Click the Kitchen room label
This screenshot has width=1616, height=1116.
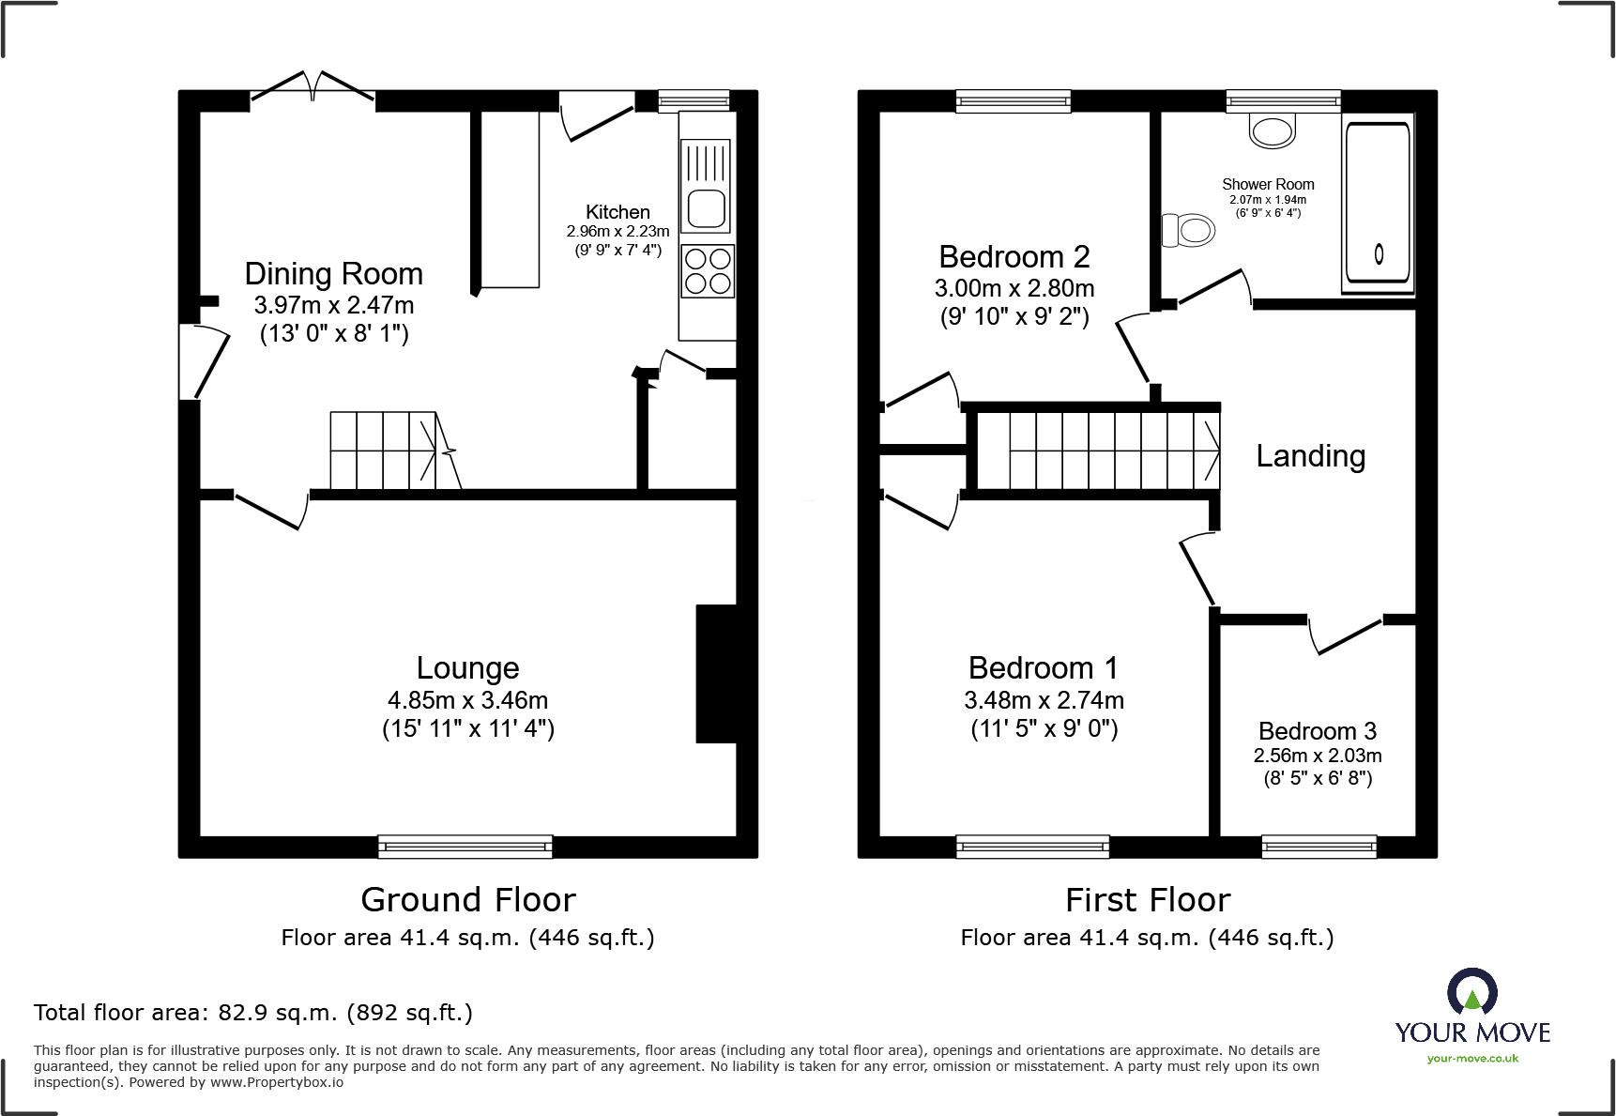[617, 212]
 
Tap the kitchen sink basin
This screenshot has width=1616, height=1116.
[706, 208]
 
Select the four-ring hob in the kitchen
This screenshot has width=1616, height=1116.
[708, 270]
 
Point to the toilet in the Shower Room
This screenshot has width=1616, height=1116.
[1188, 229]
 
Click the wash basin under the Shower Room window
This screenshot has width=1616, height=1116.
[1273, 130]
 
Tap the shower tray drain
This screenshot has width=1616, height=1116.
[1379, 253]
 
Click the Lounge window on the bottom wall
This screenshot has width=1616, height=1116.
[465, 847]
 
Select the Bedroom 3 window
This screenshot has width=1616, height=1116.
[1319, 847]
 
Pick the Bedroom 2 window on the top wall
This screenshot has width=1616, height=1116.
[1014, 101]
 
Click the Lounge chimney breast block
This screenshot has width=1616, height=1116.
[716, 674]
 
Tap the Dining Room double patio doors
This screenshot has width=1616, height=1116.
[313, 87]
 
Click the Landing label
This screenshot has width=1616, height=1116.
[1311, 456]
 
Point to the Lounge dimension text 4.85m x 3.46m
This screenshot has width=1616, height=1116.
[468, 700]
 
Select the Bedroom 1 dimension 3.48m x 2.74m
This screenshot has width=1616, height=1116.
[1044, 700]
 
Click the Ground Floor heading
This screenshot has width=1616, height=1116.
[468, 900]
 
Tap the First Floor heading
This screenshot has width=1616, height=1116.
[1148, 900]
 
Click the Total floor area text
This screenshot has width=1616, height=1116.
[253, 1013]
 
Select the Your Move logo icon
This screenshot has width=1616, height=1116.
[1472, 991]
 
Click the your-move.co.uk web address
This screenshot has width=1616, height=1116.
[1472, 1059]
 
